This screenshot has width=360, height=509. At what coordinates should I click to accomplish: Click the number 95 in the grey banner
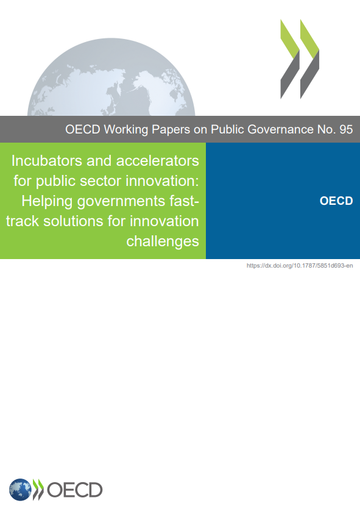346,129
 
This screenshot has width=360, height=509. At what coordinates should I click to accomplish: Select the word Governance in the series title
281,129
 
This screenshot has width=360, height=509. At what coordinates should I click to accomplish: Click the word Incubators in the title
47,161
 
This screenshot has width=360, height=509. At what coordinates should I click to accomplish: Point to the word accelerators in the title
158,161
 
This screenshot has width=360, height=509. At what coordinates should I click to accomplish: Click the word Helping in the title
47,201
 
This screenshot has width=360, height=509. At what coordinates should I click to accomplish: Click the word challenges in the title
163,241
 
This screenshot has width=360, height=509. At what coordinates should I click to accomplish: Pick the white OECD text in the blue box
336,201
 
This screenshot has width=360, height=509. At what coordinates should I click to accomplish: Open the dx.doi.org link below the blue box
300,266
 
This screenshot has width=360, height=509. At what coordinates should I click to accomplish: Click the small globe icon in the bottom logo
20,489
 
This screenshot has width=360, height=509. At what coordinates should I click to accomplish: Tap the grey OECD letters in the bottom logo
75,490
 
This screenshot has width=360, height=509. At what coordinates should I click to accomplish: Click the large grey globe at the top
111,77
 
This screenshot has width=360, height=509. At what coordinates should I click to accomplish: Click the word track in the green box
23,221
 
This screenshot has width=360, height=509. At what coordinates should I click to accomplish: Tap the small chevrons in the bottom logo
38,489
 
